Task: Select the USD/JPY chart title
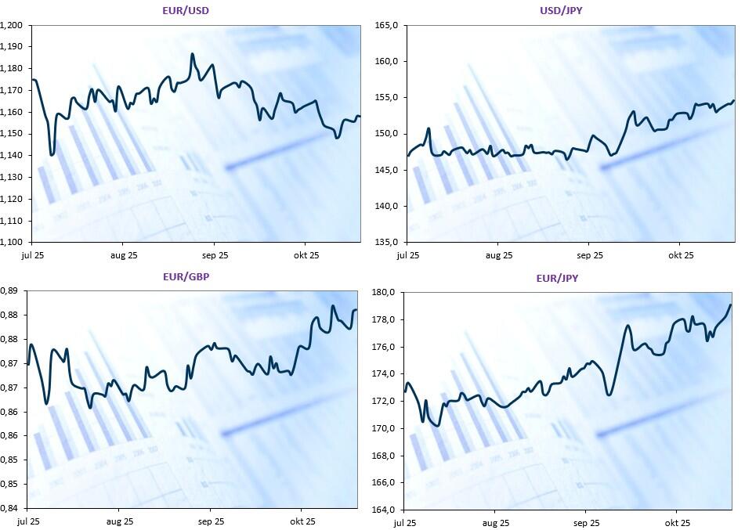562,10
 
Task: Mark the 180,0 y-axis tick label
384,293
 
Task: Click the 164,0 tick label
384,510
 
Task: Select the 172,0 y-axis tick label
384,402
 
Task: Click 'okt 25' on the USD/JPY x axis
681,254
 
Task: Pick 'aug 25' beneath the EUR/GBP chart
119,521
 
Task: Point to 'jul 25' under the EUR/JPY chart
405,522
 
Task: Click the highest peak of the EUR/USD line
192,54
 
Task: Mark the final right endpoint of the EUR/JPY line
730,305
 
